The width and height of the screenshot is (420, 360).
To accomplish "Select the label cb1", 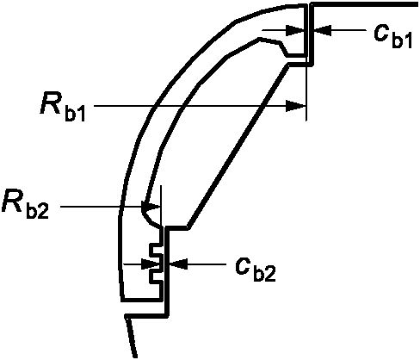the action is [392, 36].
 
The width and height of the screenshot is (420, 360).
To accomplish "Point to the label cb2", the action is [255, 270].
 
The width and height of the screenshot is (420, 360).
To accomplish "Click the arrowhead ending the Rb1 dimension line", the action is [295, 106].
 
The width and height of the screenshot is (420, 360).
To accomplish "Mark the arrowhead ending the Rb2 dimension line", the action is [151, 207].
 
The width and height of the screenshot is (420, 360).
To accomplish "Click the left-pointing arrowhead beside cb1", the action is [323, 30].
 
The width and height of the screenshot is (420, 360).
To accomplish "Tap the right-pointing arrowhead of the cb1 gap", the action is [295, 30].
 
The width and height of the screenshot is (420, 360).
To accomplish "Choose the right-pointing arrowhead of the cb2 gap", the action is [151, 264].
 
